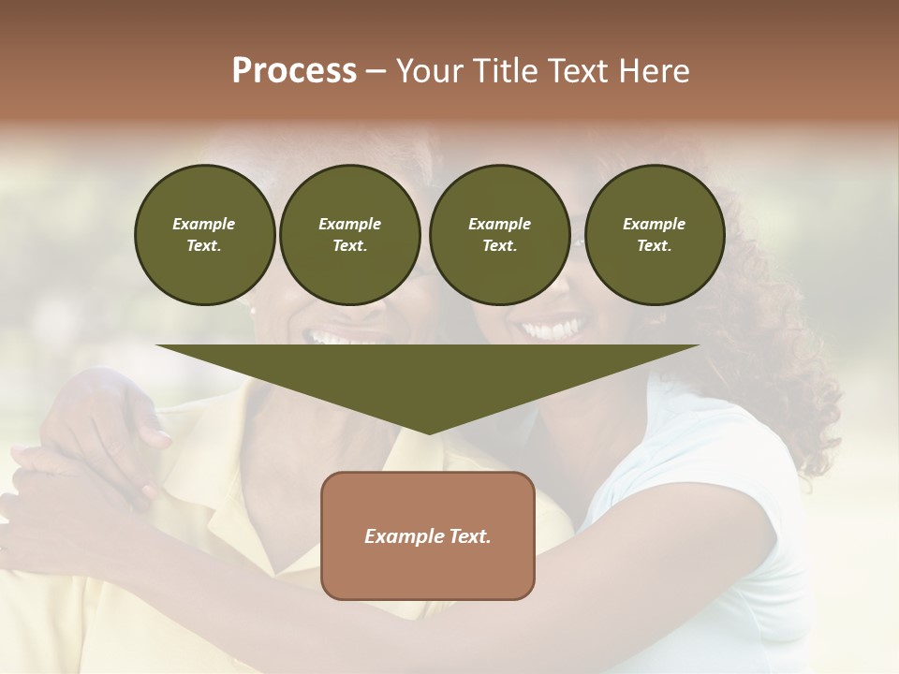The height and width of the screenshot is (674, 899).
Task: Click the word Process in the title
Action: pos(294,71)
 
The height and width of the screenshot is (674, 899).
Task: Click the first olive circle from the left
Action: pos(204,235)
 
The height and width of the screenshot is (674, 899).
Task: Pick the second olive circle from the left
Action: pos(350,235)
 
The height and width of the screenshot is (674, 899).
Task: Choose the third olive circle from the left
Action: pos(499,235)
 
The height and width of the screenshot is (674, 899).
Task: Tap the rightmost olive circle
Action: pos(654,235)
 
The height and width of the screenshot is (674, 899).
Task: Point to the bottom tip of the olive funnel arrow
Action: pos(429,432)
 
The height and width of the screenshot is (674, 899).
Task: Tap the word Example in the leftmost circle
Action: pos(204,224)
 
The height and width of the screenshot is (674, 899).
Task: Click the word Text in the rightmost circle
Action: pos(654,246)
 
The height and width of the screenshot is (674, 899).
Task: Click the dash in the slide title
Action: pos(376,71)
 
